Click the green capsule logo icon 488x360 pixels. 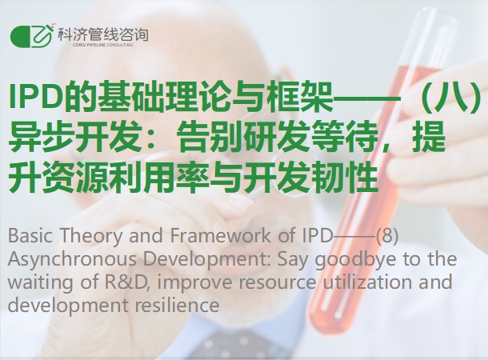31,35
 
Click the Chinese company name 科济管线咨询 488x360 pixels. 102,34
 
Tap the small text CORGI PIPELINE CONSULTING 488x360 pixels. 103,45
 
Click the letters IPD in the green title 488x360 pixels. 35,97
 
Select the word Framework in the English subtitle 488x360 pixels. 220,235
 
